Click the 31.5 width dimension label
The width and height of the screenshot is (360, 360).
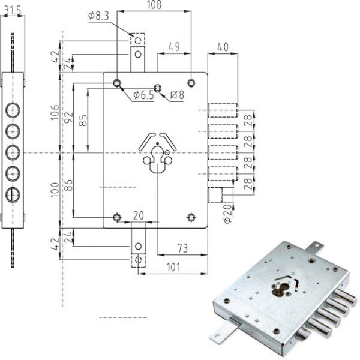13,10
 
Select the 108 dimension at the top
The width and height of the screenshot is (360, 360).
154,5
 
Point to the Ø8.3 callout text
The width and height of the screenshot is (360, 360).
99,16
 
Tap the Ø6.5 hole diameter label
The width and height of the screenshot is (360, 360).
144,95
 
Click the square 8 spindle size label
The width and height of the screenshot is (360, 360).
177,95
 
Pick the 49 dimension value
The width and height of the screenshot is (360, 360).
174,47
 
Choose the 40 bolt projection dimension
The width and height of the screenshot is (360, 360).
223,47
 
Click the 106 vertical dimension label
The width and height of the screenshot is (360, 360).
55,112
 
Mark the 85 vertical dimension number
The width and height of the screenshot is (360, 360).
83,121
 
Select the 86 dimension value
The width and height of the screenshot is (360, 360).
68,185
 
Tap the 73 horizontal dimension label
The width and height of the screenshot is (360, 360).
182,248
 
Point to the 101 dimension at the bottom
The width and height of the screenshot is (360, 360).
173,267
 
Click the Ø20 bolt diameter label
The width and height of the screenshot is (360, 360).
228,214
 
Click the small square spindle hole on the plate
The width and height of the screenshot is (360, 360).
157,88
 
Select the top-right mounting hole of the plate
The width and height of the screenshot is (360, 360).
191,82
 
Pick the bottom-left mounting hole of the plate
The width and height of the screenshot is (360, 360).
118,217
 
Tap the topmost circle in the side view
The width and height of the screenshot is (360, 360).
13,110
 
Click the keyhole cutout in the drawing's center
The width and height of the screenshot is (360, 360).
157,160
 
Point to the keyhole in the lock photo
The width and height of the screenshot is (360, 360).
282,289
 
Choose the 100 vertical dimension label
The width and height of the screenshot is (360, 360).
55,190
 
